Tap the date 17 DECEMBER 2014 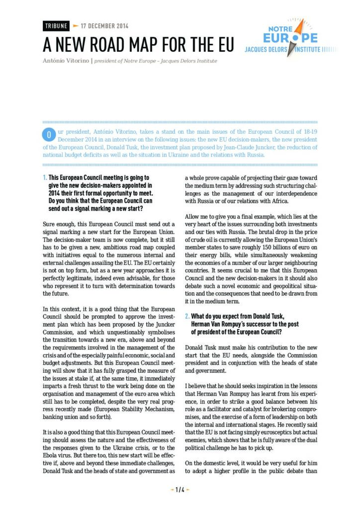[x=104, y=26]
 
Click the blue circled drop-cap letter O [x=49, y=135]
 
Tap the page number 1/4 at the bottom [x=180, y=489]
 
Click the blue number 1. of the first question [x=45, y=177]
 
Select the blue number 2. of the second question [x=187, y=316]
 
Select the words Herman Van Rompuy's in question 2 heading [x=215, y=324]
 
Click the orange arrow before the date [x=75, y=26]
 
